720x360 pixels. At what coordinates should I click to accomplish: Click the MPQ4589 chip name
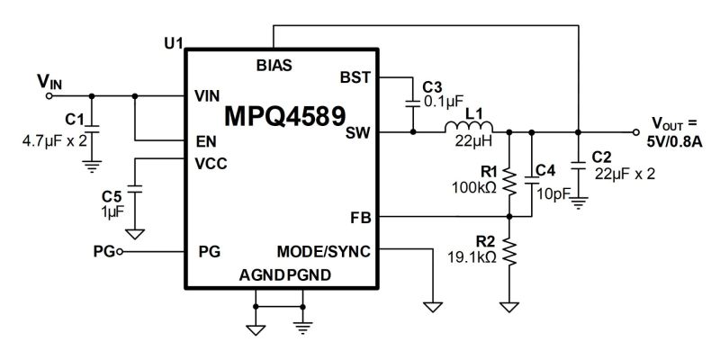(x=284, y=116)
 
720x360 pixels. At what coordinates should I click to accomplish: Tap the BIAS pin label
(x=274, y=66)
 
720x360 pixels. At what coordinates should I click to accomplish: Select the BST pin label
(x=355, y=77)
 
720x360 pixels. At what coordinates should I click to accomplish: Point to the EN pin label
(x=206, y=142)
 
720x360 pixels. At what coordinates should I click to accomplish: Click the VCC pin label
(x=211, y=164)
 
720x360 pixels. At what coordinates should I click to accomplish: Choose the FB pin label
(x=361, y=218)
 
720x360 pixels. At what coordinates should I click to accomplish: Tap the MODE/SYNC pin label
(x=323, y=252)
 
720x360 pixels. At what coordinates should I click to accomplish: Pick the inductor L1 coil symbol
(x=468, y=127)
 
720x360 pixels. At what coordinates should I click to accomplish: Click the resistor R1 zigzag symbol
(x=509, y=182)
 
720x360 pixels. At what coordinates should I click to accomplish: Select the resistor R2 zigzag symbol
(x=509, y=251)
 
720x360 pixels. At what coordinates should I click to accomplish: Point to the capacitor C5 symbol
(x=134, y=189)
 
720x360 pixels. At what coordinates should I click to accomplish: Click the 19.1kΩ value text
(x=472, y=257)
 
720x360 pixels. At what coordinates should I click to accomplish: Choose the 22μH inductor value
(x=473, y=140)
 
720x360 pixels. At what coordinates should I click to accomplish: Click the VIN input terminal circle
(x=49, y=96)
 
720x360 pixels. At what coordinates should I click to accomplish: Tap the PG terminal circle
(x=120, y=252)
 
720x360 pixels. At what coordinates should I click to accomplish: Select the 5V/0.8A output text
(x=674, y=142)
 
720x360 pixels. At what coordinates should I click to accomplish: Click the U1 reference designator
(x=174, y=43)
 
